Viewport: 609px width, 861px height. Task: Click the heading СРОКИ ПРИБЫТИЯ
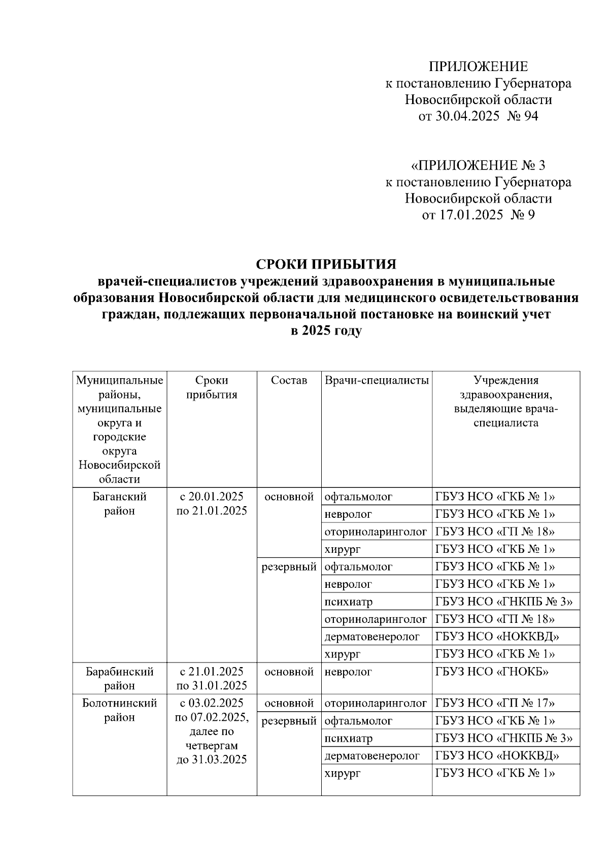(x=325, y=264)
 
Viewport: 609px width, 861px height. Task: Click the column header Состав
(x=289, y=380)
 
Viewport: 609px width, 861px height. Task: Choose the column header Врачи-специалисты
(x=377, y=380)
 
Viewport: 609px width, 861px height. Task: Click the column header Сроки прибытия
(x=212, y=387)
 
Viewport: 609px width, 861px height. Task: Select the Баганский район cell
(x=120, y=504)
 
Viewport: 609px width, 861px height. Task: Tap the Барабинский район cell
(x=120, y=678)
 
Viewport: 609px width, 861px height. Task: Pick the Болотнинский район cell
(x=120, y=710)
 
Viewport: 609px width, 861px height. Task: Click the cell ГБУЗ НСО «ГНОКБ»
(x=492, y=672)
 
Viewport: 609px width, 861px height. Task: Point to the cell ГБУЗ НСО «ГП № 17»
(x=495, y=703)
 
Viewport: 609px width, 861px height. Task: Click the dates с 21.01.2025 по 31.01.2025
(x=212, y=678)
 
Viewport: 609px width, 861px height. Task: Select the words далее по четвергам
(x=212, y=739)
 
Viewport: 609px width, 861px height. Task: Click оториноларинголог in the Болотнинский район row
(x=376, y=703)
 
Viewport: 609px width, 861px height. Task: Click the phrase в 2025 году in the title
(x=325, y=331)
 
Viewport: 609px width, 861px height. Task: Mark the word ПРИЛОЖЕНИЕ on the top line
(x=478, y=67)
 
